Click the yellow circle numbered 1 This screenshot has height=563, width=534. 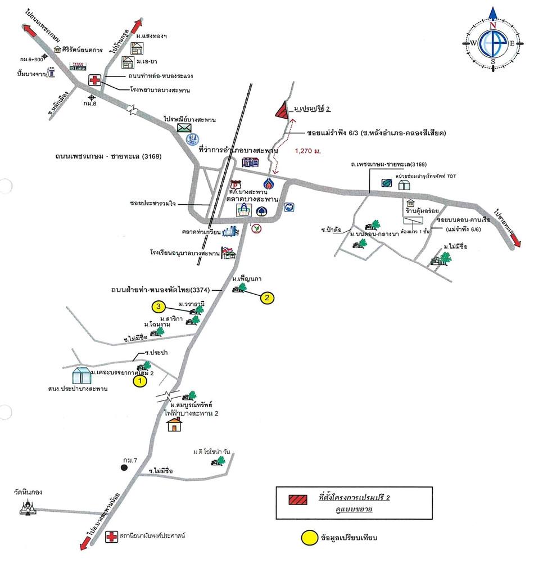(139, 381)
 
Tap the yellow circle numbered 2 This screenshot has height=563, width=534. (268, 298)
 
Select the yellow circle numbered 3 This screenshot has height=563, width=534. (159, 307)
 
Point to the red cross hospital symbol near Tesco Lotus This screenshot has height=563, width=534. (95, 80)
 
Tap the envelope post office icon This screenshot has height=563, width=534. (184, 128)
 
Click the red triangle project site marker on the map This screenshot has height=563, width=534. (282, 110)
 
